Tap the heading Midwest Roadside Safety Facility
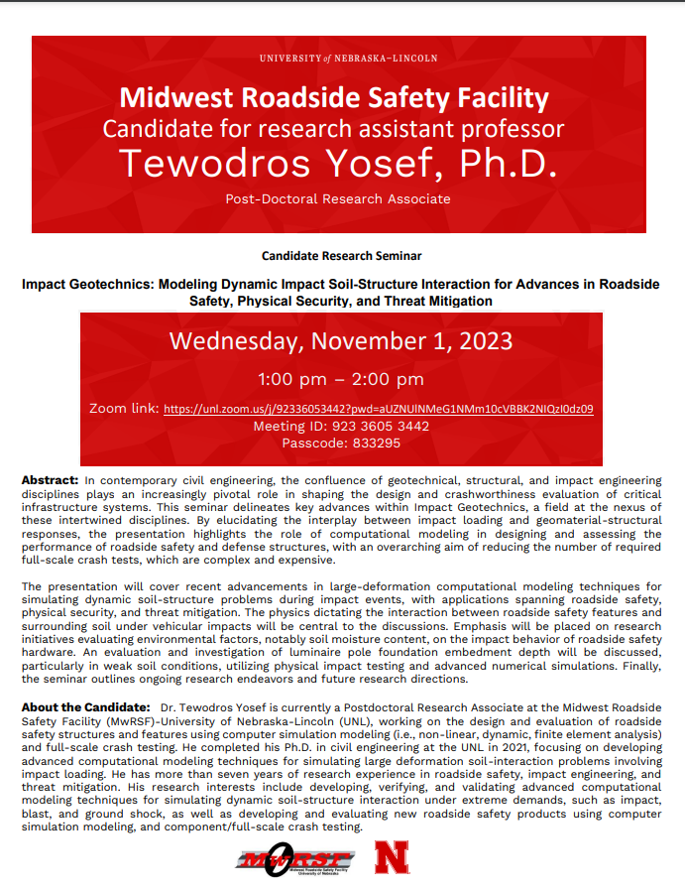(334, 98)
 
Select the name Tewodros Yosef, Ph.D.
(336, 164)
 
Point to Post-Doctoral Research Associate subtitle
(337, 198)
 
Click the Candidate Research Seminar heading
(342, 256)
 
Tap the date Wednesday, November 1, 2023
(341, 341)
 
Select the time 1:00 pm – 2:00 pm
(341, 379)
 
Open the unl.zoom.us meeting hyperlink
(378, 409)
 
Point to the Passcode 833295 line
(341, 443)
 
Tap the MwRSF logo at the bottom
(294, 858)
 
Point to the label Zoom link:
(124, 409)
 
